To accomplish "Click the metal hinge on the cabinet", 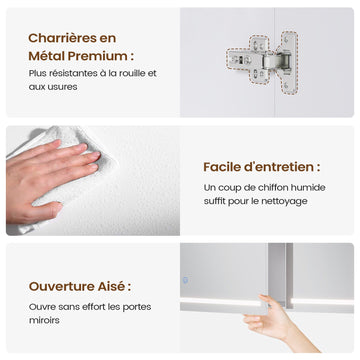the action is pos(263,61).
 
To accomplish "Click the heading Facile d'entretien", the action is pos(262,167).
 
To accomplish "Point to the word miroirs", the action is pos(40,320).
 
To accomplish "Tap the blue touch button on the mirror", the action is pos(185,280).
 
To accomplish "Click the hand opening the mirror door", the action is pos(280,323).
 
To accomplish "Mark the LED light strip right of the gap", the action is pos(322,302).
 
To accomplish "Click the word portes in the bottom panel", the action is pos(138,307).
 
